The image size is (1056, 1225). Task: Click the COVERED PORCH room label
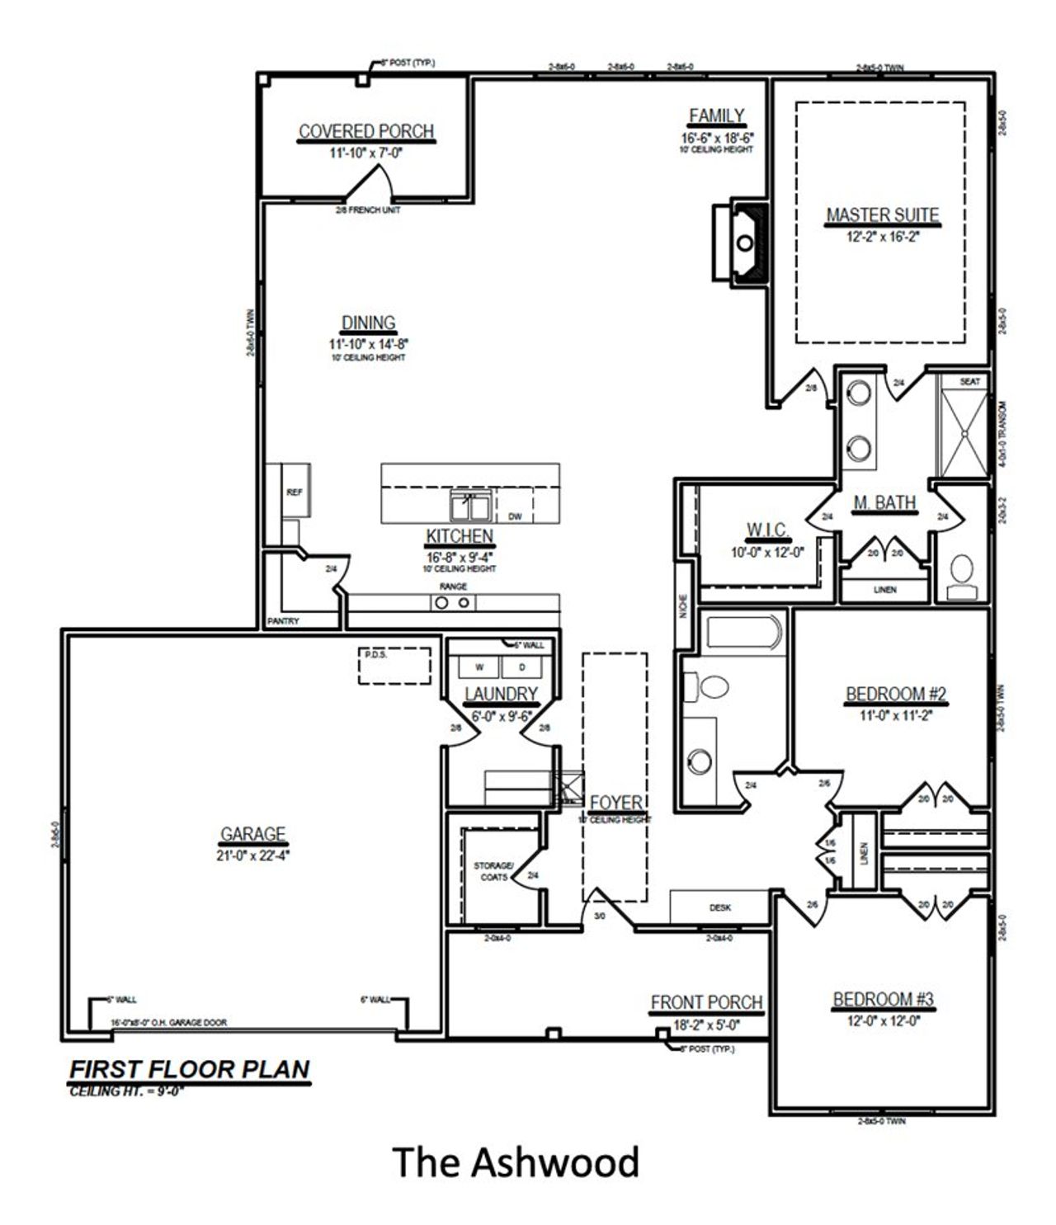pyautogui.click(x=365, y=132)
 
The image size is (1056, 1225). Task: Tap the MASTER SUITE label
pyautogui.click(x=882, y=215)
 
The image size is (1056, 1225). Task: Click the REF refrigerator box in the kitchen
pyautogui.click(x=295, y=492)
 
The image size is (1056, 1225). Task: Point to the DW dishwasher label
pyautogui.click(x=515, y=517)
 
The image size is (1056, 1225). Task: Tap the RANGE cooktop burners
pyautogui.click(x=453, y=603)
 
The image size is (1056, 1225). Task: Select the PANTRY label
pyautogui.click(x=283, y=620)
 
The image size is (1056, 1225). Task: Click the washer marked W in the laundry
pyautogui.click(x=479, y=667)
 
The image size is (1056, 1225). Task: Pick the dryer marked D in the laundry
pyautogui.click(x=521, y=667)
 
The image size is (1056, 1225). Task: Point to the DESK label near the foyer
pyautogui.click(x=719, y=907)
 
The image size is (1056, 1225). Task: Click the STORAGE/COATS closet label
pyautogui.click(x=493, y=871)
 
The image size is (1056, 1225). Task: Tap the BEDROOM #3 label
pyautogui.click(x=883, y=1000)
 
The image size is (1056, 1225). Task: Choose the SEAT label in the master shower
pyautogui.click(x=970, y=381)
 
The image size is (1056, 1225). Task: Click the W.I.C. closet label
pyautogui.click(x=766, y=529)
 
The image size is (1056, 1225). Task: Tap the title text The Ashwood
pyautogui.click(x=516, y=1162)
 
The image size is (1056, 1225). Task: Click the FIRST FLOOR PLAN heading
pyautogui.click(x=189, y=1069)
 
